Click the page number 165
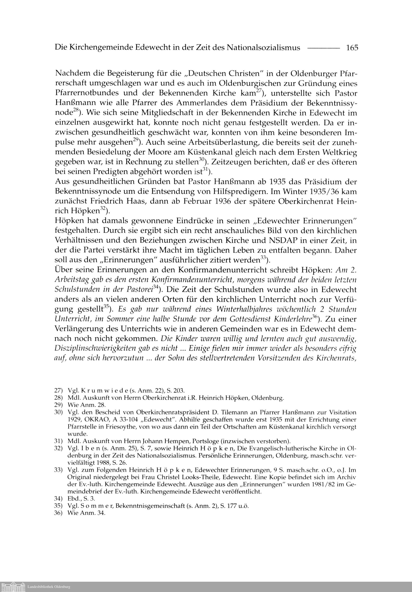coord(352,48)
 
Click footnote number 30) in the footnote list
coord(58,412)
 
